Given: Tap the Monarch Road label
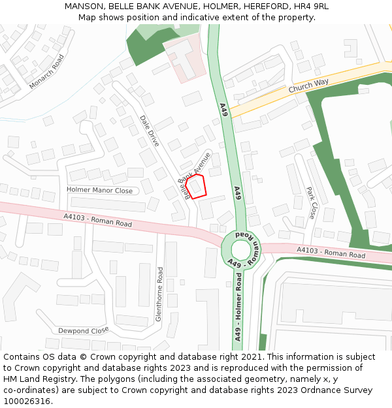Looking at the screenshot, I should click(x=47, y=71).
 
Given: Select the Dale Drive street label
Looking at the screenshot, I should click(x=150, y=131).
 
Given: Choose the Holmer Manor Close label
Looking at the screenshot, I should click(x=99, y=191).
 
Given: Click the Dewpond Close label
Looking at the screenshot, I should click(x=83, y=330).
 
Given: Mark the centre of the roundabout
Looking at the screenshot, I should click(x=241, y=249).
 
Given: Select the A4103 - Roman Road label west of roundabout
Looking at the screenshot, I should click(x=97, y=220).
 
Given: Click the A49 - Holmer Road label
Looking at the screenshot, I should click(x=238, y=307).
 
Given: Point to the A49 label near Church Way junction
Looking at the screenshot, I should click(x=223, y=110).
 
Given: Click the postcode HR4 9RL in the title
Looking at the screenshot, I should click(x=310, y=7).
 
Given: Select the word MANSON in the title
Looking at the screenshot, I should click(x=82, y=7).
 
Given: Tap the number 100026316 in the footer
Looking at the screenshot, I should click(x=27, y=401).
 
